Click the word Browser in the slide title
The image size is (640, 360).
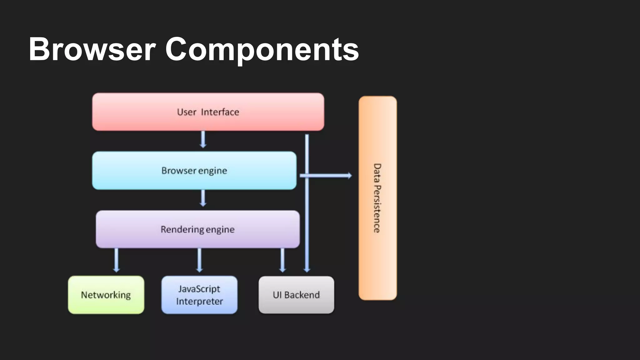92,49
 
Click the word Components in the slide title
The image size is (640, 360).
262,49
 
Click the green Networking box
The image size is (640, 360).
106,295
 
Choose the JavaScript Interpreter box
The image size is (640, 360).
199,295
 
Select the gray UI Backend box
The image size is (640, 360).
296,295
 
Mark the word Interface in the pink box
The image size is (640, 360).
220,112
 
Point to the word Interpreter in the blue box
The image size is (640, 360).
199,301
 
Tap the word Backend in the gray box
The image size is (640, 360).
302,295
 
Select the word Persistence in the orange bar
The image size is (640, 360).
377,209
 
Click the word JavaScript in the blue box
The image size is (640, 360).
199,289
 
